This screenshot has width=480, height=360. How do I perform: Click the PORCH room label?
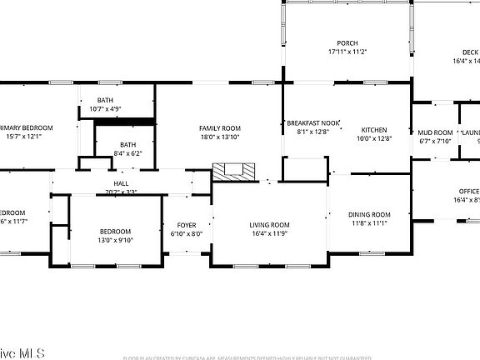[x=347, y=43]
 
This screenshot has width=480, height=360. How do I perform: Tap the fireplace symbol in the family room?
[x=232, y=172]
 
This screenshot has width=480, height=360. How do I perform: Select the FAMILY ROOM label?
[x=219, y=128]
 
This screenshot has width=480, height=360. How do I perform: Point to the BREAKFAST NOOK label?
[x=313, y=122]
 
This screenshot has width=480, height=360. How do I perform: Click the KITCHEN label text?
[x=374, y=130]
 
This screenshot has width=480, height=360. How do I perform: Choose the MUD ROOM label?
[x=435, y=132]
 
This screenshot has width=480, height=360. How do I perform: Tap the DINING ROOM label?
[x=369, y=215]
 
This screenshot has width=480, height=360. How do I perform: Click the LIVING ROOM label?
[x=269, y=225]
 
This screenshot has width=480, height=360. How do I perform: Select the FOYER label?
[x=186, y=225]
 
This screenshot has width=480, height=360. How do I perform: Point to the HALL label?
[x=122, y=183]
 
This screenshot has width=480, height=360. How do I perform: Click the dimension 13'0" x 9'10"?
[x=115, y=240]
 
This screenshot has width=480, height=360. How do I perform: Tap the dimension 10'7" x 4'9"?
[x=106, y=109]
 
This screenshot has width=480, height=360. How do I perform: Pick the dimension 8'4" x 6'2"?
[x=127, y=153]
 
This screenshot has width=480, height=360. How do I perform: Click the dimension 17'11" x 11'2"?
[x=347, y=52]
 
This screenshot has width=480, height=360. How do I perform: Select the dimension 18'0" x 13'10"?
[x=219, y=137]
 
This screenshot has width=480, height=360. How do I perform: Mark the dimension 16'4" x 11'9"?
[x=269, y=233]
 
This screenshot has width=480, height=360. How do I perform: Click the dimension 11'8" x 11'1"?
[x=369, y=223]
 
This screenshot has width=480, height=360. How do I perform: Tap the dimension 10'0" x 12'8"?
[x=374, y=138]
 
